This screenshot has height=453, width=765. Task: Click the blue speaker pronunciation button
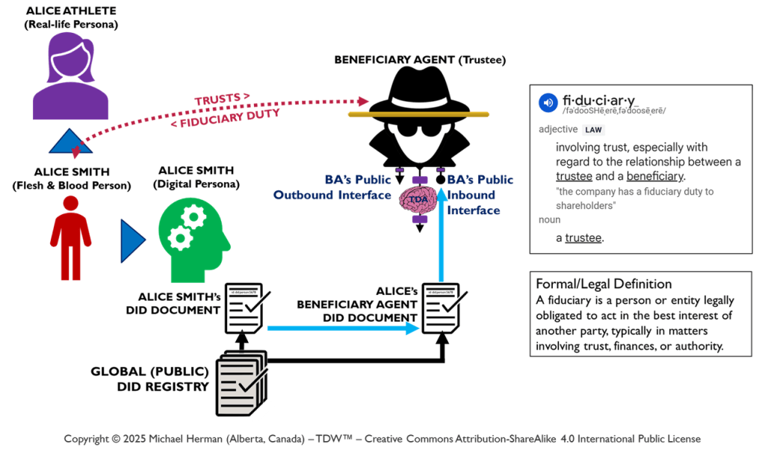click(x=549, y=102)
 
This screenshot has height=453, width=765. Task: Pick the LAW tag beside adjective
click(x=593, y=130)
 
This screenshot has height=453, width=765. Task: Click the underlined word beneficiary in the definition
click(x=654, y=176)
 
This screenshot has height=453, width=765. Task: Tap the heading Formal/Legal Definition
click(x=604, y=284)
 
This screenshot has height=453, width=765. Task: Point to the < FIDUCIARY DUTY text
click(x=225, y=118)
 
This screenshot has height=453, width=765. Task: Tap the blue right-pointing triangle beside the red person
click(x=132, y=240)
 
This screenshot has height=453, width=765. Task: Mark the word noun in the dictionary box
click(x=550, y=220)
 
